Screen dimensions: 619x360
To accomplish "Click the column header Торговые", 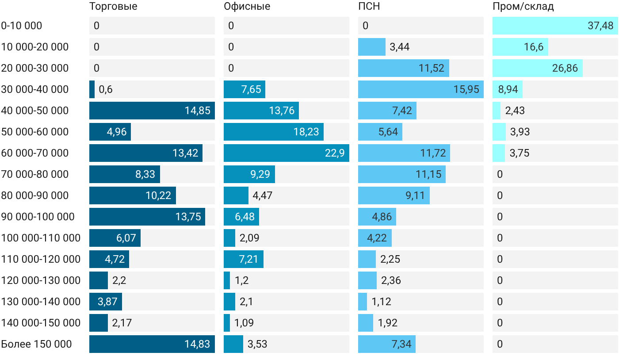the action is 113,6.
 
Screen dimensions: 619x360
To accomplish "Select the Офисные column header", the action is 247,6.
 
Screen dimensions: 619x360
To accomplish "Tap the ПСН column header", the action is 369,6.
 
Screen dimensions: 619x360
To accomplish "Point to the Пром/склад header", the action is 523,6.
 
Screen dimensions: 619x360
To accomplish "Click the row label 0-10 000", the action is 22,26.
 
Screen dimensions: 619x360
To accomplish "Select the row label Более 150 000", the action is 36,344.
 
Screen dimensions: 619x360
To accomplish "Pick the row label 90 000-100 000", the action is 38,217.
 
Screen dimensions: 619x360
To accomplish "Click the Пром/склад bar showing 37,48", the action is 555,26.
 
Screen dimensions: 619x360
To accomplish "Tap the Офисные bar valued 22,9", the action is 287,153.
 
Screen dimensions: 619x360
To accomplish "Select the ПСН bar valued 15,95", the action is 421,89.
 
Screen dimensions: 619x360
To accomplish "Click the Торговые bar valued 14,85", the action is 152,111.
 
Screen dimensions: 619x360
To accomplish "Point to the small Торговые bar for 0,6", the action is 92,89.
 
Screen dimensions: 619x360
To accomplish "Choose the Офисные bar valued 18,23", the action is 274,132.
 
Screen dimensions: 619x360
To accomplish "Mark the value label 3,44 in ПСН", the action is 399,47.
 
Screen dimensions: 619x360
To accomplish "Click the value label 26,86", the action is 565,68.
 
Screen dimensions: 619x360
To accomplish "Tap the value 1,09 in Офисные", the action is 244,323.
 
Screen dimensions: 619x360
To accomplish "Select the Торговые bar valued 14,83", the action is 152,344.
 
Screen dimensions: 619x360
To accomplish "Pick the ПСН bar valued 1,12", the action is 363,301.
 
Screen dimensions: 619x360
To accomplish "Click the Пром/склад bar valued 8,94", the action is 508,89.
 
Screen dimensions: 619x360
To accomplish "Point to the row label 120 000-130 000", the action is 41,280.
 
